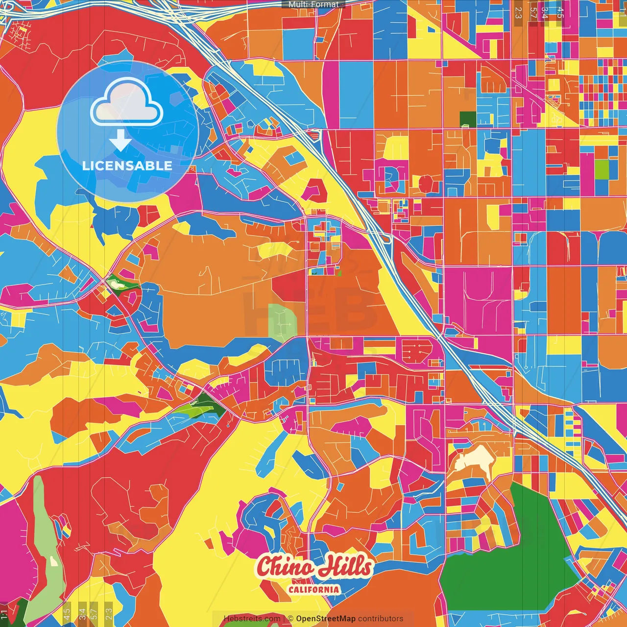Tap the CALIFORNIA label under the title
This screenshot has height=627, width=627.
click(313, 589)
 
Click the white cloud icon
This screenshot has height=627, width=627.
click(127, 102)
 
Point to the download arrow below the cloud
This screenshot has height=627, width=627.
click(121, 140)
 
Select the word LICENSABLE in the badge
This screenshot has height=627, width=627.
click(127, 166)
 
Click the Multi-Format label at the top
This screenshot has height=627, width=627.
click(313, 4)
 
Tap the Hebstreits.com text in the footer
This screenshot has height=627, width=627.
click(252, 619)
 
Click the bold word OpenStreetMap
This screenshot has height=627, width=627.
click(326, 619)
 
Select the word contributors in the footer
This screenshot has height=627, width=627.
click(381, 619)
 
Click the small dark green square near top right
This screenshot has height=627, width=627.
click(468, 119)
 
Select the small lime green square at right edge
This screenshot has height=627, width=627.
click(602, 169)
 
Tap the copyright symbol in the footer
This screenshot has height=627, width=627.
click(290, 619)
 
